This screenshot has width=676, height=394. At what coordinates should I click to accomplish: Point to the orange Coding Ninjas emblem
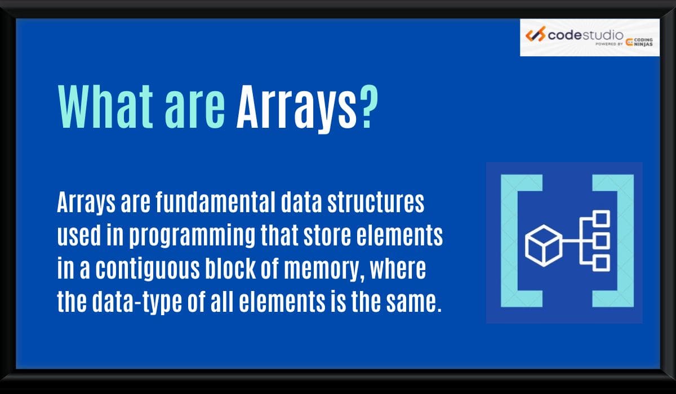tap(630, 42)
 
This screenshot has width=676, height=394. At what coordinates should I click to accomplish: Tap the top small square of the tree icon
tap(602, 218)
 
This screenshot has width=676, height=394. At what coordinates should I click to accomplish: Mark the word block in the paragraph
tap(243, 271)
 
